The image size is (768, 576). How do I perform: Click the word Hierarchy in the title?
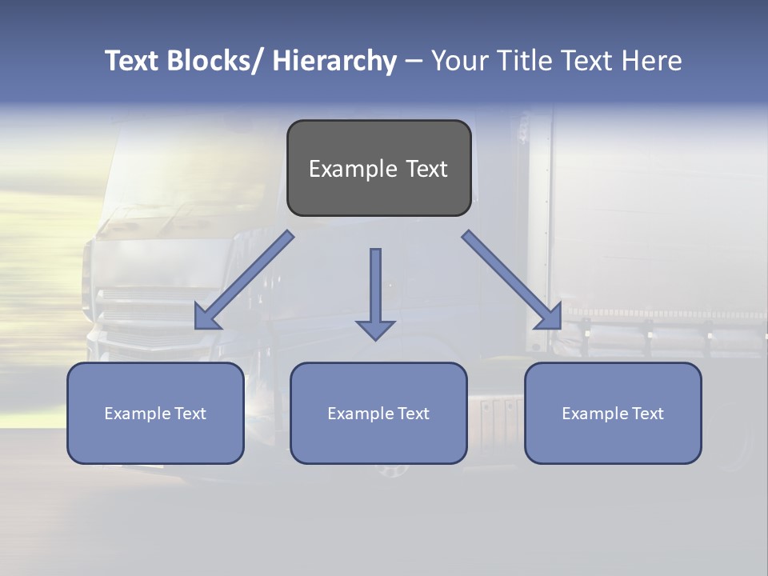pyautogui.click(x=334, y=61)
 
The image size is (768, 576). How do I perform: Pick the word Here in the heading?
pyautogui.click(x=651, y=61)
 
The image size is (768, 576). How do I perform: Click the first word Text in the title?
pyautogui.click(x=133, y=61)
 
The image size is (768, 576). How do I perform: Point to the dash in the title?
pyautogui.click(x=414, y=62)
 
